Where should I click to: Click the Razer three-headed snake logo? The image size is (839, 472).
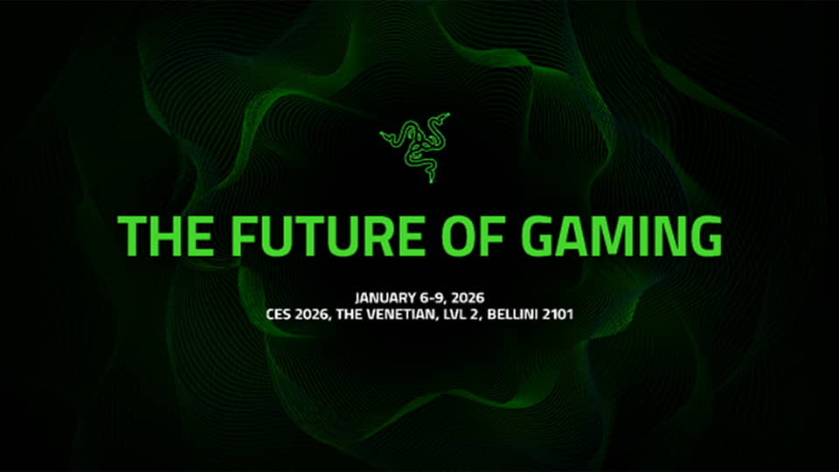(x=415, y=145)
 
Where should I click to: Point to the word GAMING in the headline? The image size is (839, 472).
(x=623, y=235)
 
